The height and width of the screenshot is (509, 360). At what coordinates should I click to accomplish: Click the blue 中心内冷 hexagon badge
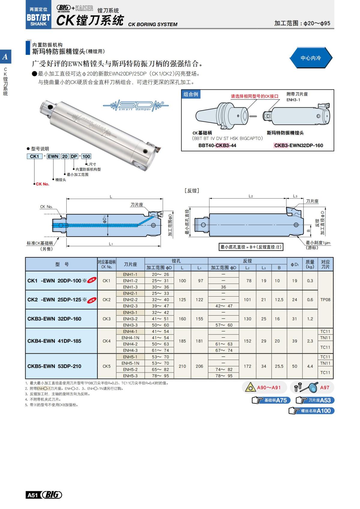pos(310,58)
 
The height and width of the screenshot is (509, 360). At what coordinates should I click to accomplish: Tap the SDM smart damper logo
pos(136,106)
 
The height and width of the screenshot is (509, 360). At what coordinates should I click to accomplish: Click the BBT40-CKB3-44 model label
pos(217,145)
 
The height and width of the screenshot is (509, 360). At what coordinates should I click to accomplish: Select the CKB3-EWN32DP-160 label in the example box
pos(298,145)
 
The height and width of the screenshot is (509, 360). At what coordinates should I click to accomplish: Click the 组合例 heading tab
pos(191,94)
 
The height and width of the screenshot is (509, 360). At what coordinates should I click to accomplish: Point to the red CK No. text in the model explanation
pos(42,184)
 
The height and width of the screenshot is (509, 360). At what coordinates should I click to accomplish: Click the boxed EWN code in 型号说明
pos(53,156)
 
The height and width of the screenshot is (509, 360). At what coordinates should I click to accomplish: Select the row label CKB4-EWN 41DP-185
pos(54,341)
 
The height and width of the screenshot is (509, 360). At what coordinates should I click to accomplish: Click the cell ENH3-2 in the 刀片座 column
pos(130,319)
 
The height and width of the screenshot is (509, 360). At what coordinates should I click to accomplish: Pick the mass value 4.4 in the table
pos(310,366)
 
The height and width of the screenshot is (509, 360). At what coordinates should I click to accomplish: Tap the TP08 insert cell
pos(325,300)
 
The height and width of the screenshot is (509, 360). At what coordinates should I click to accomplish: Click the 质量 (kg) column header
pos(310,264)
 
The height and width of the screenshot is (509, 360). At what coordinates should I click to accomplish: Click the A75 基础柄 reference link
pos(270,400)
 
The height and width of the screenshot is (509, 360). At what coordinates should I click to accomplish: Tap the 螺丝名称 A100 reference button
pos(312,411)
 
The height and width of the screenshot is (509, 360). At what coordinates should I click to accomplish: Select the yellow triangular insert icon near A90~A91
pos(250,388)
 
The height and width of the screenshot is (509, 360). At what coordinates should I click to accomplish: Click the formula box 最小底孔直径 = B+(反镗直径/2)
pos(251,247)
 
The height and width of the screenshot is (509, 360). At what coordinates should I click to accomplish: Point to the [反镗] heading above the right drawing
pos(192,191)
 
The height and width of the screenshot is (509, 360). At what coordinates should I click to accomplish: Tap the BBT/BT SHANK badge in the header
pos(38,17)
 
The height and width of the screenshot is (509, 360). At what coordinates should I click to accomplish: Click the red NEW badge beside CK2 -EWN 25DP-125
pos(92,300)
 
